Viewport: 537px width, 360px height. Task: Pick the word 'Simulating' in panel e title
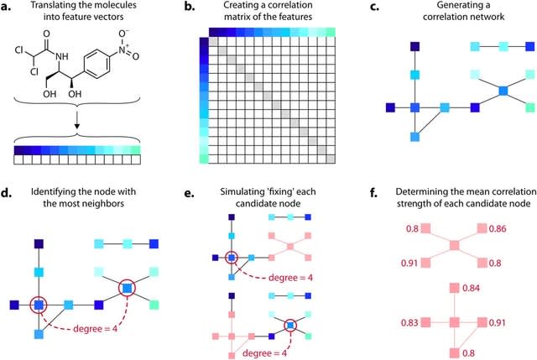coord(233,195)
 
